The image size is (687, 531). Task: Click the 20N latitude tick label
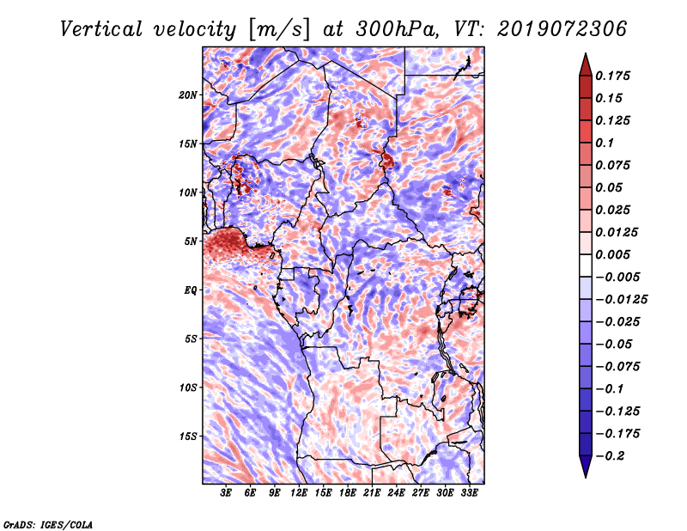(188, 95)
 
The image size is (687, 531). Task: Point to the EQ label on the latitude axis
(191, 290)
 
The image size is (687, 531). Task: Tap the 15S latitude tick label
(188, 436)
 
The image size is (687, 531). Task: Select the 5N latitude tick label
(191, 241)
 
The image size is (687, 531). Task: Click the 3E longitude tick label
(226, 493)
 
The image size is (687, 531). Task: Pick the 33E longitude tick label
(469, 493)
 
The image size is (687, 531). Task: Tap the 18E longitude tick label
(348, 493)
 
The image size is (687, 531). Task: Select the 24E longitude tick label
(396, 493)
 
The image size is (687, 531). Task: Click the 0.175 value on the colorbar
(612, 76)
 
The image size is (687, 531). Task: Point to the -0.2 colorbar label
(610, 456)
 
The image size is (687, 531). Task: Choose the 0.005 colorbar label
(612, 254)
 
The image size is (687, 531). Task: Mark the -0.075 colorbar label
(617, 367)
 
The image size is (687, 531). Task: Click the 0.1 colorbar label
(605, 143)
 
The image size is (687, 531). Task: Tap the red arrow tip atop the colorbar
(586, 54)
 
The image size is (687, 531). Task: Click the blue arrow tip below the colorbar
(586, 477)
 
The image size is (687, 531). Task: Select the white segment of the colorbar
(586, 265)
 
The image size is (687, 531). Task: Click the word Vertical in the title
(101, 29)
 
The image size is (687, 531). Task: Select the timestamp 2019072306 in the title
(562, 29)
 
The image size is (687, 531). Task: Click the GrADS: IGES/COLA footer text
(48, 524)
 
